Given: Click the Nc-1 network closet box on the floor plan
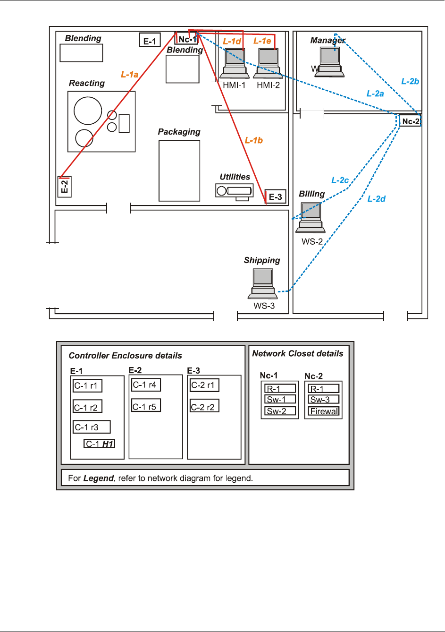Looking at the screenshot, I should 186,39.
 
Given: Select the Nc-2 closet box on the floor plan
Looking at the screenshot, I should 410,121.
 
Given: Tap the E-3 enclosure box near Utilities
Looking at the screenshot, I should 275,196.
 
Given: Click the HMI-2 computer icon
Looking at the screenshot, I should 268,64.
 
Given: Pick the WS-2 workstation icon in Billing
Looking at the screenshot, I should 311,218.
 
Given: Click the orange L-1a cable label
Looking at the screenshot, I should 129,74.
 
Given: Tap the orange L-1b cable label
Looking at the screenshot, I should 253,140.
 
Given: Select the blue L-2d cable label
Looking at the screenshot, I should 376,199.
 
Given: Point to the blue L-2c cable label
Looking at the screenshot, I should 340,180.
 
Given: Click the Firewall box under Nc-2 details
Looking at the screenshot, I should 324,411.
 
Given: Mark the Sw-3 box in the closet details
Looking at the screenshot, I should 324,400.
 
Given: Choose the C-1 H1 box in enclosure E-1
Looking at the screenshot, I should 100,444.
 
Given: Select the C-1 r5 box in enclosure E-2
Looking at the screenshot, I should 146,406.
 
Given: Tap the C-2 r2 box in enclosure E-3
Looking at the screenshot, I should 204,406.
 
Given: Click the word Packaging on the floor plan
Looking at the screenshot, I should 179,132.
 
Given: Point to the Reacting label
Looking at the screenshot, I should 87,83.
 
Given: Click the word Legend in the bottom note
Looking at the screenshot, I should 98,478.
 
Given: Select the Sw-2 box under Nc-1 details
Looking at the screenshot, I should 279,411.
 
